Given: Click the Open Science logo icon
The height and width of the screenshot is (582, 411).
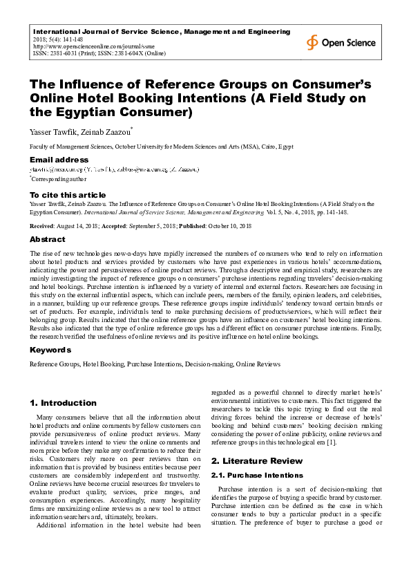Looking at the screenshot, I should pos(314,43).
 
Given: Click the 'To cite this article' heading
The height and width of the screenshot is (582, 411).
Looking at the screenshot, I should pos(68,195).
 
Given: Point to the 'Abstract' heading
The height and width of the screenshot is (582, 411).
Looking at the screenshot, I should pos(47,239).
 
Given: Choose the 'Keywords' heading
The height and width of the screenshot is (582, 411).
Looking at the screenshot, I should pos(50,350).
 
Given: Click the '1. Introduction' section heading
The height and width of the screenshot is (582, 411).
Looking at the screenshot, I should pos(63,402).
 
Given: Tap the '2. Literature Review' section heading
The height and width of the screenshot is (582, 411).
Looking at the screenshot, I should pos(256,460).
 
